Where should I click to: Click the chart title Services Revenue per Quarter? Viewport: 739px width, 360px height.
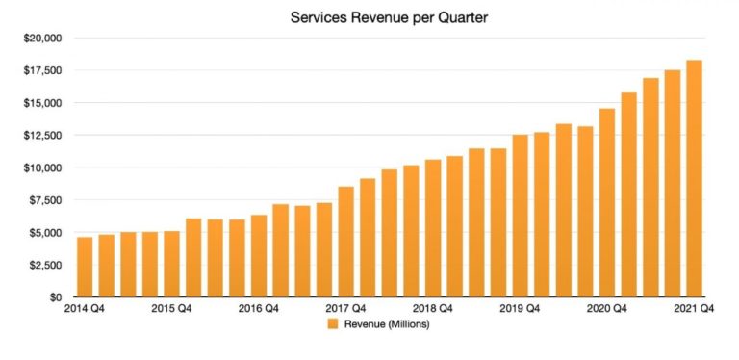(369, 17)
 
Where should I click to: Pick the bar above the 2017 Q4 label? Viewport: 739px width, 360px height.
(345, 242)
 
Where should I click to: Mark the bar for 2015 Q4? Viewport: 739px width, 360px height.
(171, 264)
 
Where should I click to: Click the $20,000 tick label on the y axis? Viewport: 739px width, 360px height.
(41, 39)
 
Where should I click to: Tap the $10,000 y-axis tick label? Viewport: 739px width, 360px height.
(41, 168)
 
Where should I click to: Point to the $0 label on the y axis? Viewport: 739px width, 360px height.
(54, 297)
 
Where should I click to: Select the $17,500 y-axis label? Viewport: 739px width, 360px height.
(41, 71)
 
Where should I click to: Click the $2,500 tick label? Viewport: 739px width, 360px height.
(44, 265)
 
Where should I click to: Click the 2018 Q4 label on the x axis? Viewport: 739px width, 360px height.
(433, 309)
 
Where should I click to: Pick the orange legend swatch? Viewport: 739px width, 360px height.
(334, 324)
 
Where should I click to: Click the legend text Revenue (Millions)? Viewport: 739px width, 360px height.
(386, 324)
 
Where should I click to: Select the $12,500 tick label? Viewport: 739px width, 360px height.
(41, 136)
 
